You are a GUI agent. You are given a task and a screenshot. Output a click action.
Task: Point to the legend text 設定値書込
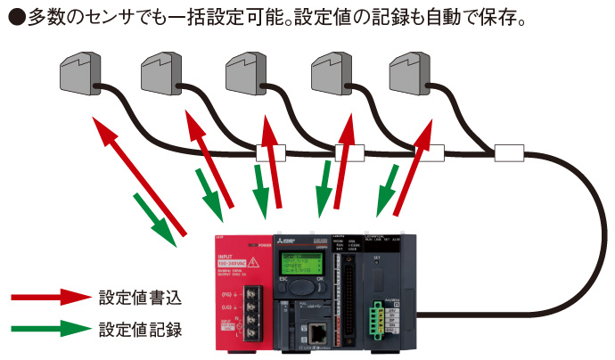tap(140, 298)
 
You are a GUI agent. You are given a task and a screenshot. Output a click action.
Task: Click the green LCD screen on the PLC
tap(299, 265)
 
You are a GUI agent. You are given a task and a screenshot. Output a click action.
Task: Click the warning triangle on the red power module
tap(253, 262)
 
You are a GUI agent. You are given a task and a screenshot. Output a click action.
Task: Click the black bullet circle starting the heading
tap(15, 15)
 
